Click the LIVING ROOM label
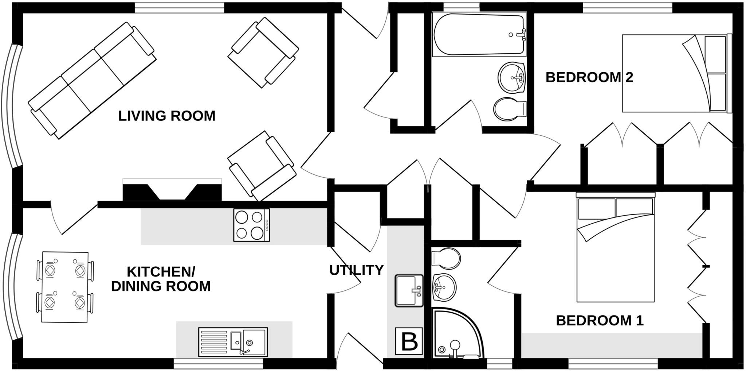167,116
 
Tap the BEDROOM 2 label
589,77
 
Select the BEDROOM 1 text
600,321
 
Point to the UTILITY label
356,270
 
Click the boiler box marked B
409,341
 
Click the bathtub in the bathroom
479,35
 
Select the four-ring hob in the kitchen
251,225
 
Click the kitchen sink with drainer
233,342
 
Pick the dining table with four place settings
65,287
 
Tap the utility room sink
409,291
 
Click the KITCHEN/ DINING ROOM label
161,279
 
